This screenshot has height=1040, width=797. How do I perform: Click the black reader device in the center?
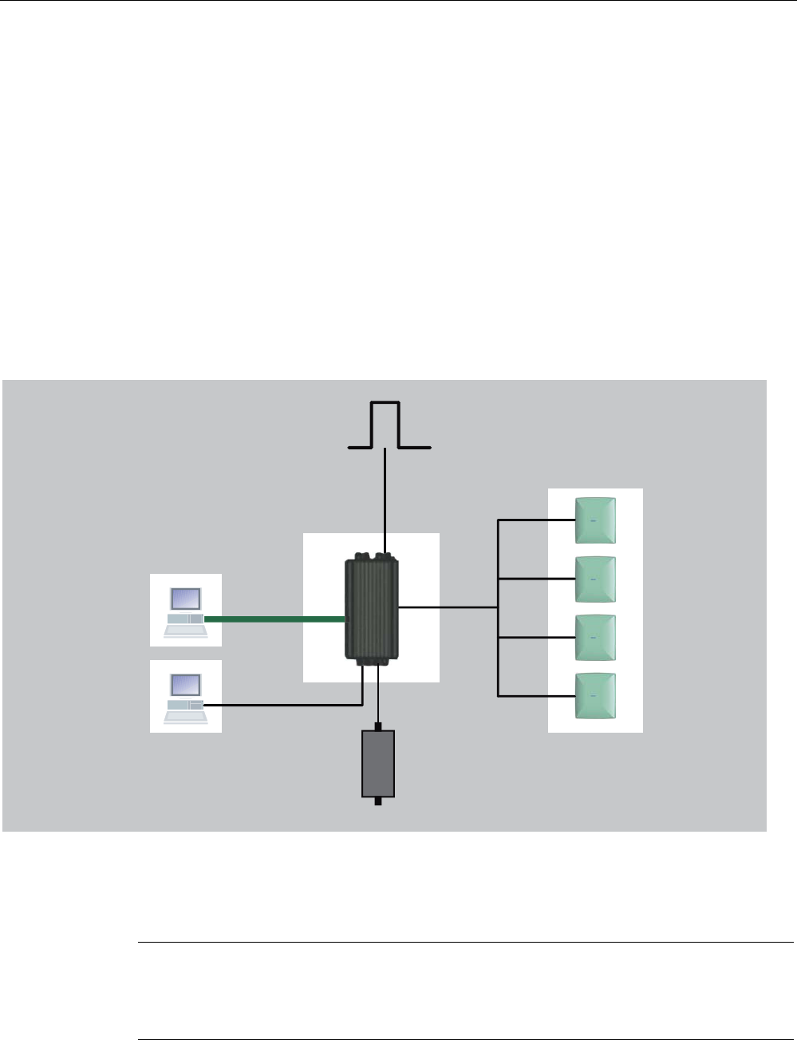click(372, 607)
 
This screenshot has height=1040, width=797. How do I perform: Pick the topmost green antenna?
click(596, 520)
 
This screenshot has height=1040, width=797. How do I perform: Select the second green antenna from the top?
click(596, 579)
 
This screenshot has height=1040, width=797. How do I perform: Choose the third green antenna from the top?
click(596, 638)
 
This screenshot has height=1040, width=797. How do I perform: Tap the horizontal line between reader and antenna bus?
click(447, 607)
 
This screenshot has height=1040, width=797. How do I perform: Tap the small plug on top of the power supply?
click(378, 726)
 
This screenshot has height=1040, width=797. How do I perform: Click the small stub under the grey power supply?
click(377, 801)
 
